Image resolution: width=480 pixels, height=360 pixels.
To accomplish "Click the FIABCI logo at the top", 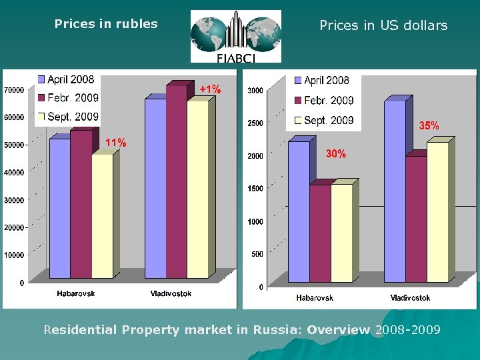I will (x=235, y=37).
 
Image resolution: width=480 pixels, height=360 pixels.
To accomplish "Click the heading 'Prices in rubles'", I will (x=106, y=24).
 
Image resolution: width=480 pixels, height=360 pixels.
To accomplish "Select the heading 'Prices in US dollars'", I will (x=383, y=26).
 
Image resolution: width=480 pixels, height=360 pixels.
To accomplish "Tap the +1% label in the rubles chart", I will (x=211, y=89).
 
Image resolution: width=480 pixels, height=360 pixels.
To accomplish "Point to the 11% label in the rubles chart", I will (x=116, y=142).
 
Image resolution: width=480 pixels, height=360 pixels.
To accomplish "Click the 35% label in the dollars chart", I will (x=428, y=125).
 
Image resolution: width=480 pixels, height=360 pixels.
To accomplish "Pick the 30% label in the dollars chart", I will (x=336, y=154).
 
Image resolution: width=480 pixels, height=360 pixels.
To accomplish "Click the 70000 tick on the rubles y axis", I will (x=14, y=90).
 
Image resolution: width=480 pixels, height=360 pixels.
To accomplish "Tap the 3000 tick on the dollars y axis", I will (x=254, y=91).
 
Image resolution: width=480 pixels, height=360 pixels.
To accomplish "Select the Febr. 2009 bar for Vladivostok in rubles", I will (x=177, y=180).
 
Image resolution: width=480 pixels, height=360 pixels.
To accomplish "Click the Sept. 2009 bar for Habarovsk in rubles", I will (x=102, y=217).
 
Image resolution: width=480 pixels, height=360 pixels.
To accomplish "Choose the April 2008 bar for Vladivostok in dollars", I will (x=395, y=190).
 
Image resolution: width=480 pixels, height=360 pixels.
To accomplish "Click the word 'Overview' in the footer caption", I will (x=339, y=329).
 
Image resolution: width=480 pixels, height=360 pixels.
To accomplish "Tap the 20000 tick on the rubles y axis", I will (x=14, y=227).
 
